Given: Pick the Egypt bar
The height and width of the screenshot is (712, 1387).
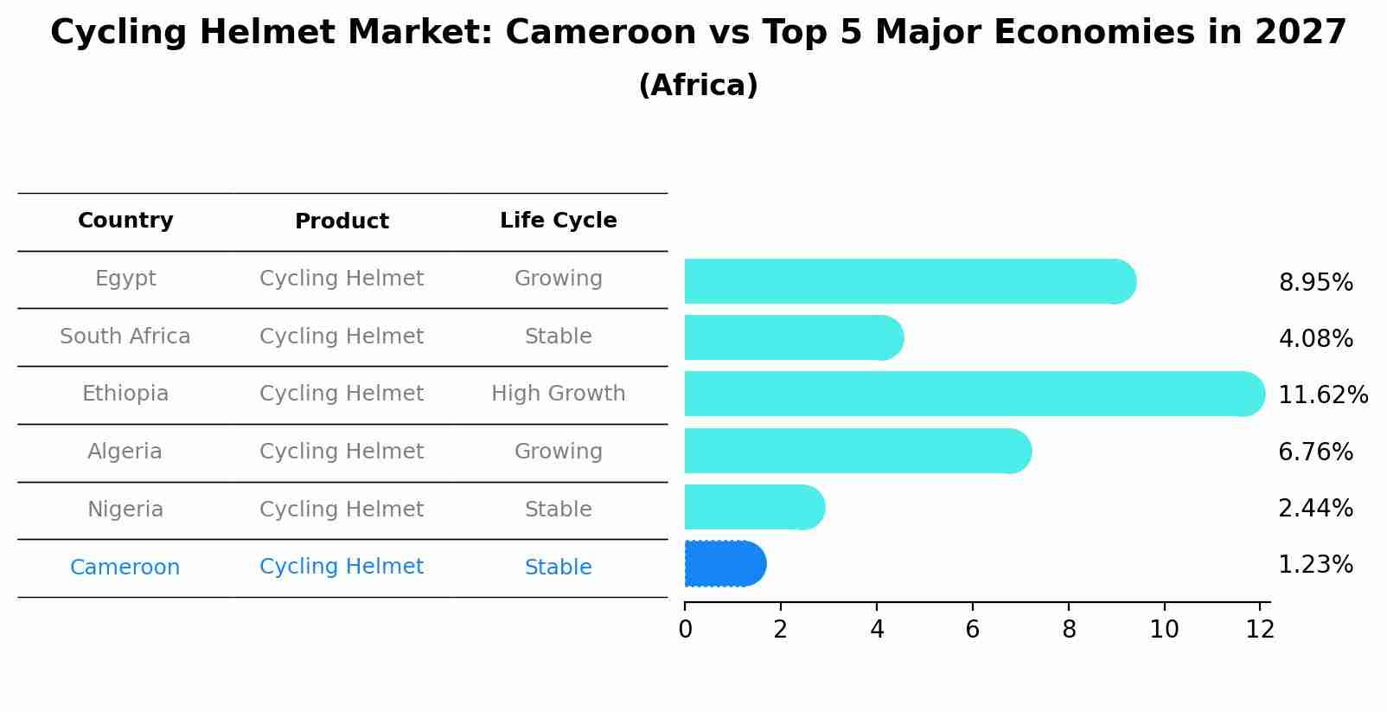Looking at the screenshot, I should (x=908, y=281).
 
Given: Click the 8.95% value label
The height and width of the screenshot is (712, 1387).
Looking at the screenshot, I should (x=1315, y=283).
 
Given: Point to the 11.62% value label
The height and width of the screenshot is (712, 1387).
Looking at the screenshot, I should (x=1322, y=395).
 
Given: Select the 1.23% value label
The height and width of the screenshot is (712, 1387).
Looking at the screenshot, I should (x=1315, y=565).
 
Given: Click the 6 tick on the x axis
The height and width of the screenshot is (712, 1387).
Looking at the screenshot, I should (x=973, y=630).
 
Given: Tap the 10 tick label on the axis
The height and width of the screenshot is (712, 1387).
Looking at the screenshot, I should (x=1164, y=630).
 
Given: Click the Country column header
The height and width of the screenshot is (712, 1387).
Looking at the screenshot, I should (x=125, y=221).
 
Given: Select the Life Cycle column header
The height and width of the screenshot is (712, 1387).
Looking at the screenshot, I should (x=558, y=221).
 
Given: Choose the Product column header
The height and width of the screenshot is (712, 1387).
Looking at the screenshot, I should (x=342, y=221).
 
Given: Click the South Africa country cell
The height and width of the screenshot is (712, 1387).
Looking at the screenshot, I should (x=125, y=337).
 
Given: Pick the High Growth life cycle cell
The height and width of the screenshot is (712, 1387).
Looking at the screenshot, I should (x=558, y=394).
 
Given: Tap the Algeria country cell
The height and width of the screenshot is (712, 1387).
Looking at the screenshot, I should (x=125, y=452).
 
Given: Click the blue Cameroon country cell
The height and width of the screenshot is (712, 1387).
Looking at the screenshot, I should (x=125, y=568).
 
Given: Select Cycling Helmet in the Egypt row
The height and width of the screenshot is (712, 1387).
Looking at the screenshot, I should (x=342, y=279).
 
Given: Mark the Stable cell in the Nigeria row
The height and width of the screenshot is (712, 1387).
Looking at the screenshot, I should (x=558, y=510).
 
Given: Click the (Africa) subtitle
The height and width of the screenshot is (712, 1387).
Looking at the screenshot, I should (x=698, y=86).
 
